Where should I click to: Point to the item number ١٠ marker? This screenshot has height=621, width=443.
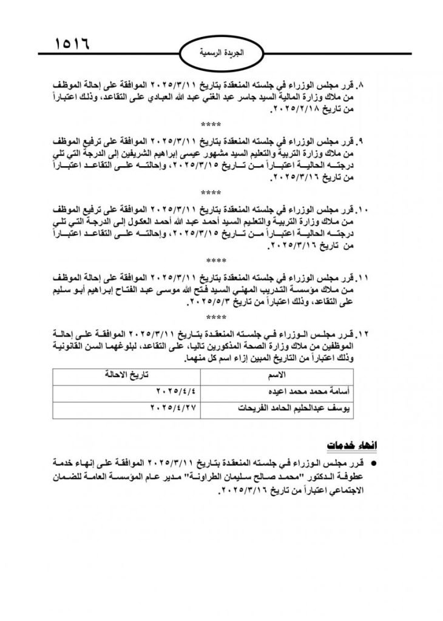(362, 210)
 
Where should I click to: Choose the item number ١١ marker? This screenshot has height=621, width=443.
(363, 278)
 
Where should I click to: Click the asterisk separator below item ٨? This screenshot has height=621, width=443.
(212, 125)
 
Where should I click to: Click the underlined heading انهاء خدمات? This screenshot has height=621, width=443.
(344, 446)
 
